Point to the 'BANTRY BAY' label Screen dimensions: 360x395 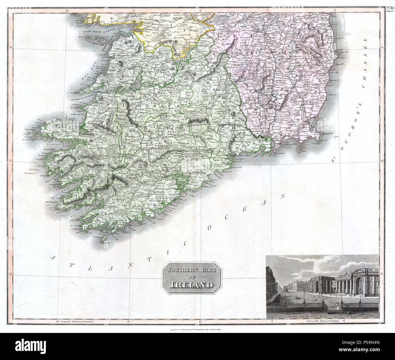[72, 215]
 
